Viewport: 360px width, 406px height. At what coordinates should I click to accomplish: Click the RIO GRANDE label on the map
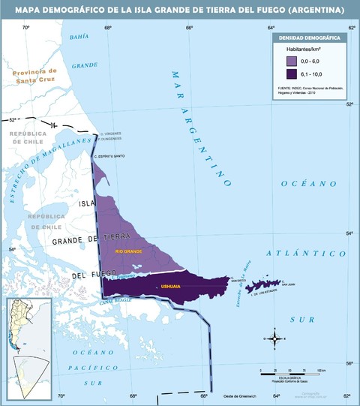click(128, 251)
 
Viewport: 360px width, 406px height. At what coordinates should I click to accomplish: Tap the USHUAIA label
click(170, 287)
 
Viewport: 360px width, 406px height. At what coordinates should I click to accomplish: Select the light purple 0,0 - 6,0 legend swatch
click(291, 59)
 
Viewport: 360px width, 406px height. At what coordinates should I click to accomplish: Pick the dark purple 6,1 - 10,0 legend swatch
click(291, 74)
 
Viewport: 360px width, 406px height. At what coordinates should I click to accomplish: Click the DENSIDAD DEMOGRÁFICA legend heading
click(310, 37)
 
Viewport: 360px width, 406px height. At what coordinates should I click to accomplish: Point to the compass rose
click(275, 339)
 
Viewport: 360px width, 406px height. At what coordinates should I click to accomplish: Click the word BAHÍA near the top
click(79, 37)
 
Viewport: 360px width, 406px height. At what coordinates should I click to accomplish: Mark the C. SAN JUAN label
click(289, 284)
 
